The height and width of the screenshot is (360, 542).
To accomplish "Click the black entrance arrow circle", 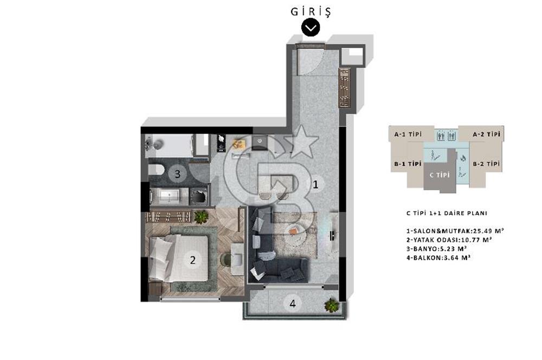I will tap(311, 28).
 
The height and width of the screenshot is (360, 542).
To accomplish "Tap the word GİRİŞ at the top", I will tap(311, 11).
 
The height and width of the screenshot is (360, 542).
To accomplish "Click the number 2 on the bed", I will tap(192, 260).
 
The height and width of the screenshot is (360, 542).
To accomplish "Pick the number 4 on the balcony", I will tap(293, 304).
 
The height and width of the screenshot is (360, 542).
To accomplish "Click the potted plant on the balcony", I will tap(330, 305).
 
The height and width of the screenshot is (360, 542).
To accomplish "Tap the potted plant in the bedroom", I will tap(201, 217).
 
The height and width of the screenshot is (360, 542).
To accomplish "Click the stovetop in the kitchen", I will tap(221, 143).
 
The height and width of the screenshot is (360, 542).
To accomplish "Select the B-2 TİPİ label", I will tap(486, 163).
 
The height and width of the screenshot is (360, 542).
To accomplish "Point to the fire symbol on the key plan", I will tap(463, 159).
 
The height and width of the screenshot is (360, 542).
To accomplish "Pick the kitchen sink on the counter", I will tap(259, 141).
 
